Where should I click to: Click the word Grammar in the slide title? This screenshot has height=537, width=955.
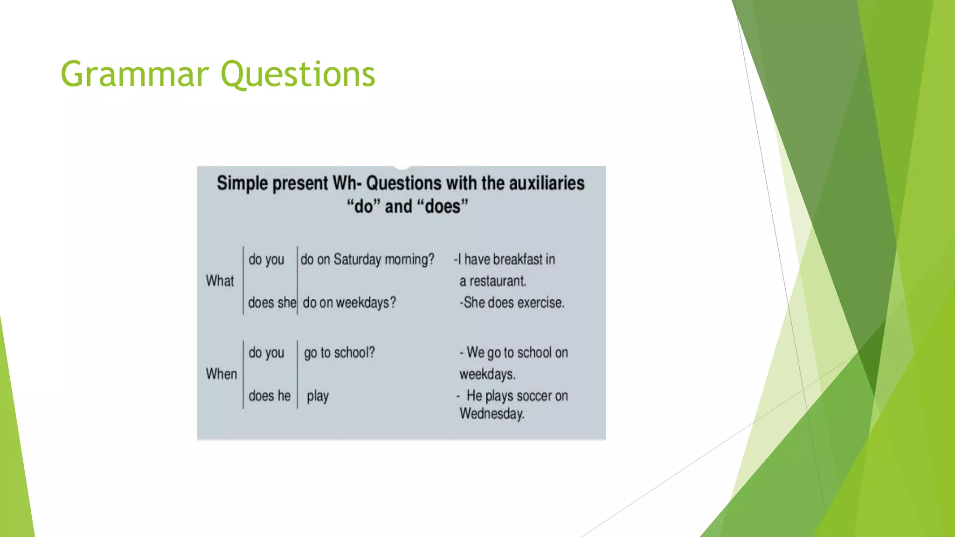click(x=134, y=75)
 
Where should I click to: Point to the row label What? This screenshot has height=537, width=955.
click(x=220, y=281)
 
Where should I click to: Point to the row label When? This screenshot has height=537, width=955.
click(x=221, y=374)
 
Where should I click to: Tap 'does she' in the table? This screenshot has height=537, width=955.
click(x=271, y=303)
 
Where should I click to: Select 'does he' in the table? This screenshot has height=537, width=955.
click(x=269, y=396)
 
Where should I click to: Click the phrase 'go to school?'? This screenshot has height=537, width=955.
click(x=339, y=353)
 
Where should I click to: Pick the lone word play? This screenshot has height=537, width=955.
click(x=318, y=396)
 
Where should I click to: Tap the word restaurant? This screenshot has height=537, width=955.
click(x=498, y=281)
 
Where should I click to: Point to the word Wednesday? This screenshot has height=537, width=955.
click(x=491, y=413)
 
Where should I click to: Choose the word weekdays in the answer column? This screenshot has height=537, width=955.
click(x=487, y=374)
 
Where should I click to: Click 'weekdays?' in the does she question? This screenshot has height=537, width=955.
click(x=366, y=303)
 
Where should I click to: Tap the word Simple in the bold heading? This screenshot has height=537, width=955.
click(x=242, y=183)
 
